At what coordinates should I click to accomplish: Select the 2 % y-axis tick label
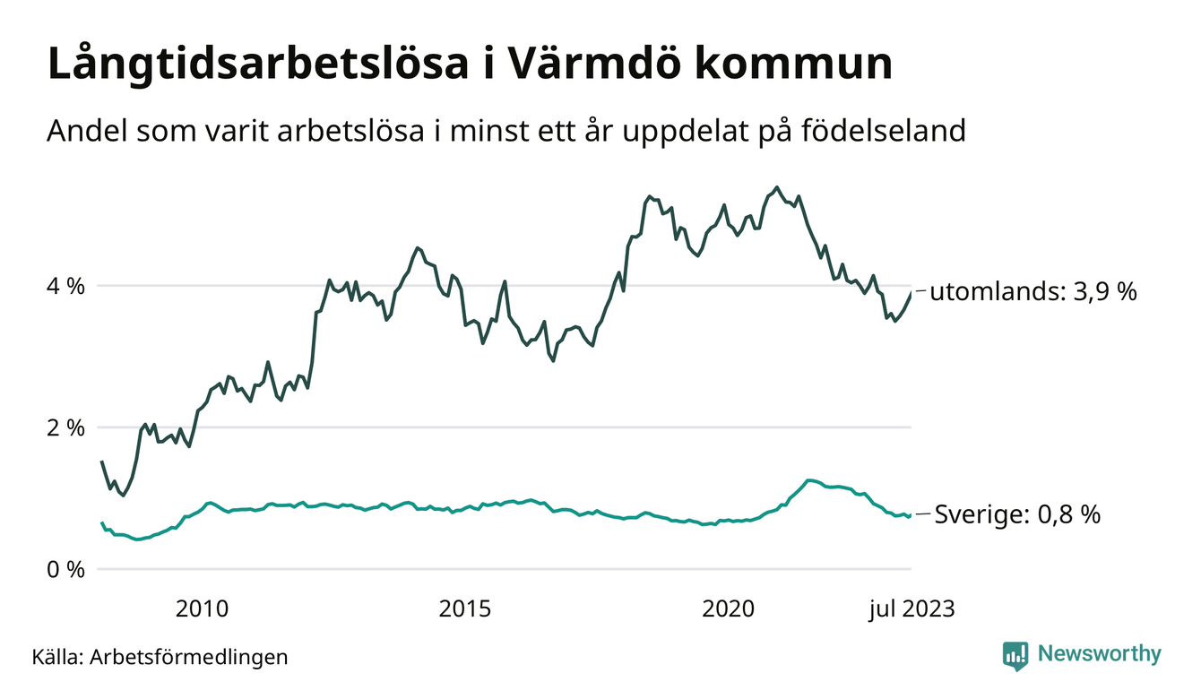click(66, 428)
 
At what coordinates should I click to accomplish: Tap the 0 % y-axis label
click(66, 570)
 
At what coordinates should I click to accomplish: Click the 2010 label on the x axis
click(203, 610)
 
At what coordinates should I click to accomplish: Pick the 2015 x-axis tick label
click(465, 610)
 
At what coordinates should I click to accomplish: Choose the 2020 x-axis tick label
click(729, 610)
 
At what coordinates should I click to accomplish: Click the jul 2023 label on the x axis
click(912, 610)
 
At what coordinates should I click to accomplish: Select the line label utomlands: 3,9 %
click(1033, 292)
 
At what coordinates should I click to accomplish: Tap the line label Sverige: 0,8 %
click(1017, 515)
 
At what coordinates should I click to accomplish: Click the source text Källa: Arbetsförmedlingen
click(160, 657)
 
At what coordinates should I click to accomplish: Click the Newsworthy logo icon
click(1015, 655)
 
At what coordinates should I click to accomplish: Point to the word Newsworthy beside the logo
click(1099, 654)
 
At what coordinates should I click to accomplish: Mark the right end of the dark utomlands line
click(912, 292)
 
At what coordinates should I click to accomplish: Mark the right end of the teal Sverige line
click(912, 514)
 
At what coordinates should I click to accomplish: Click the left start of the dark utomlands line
click(101, 462)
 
